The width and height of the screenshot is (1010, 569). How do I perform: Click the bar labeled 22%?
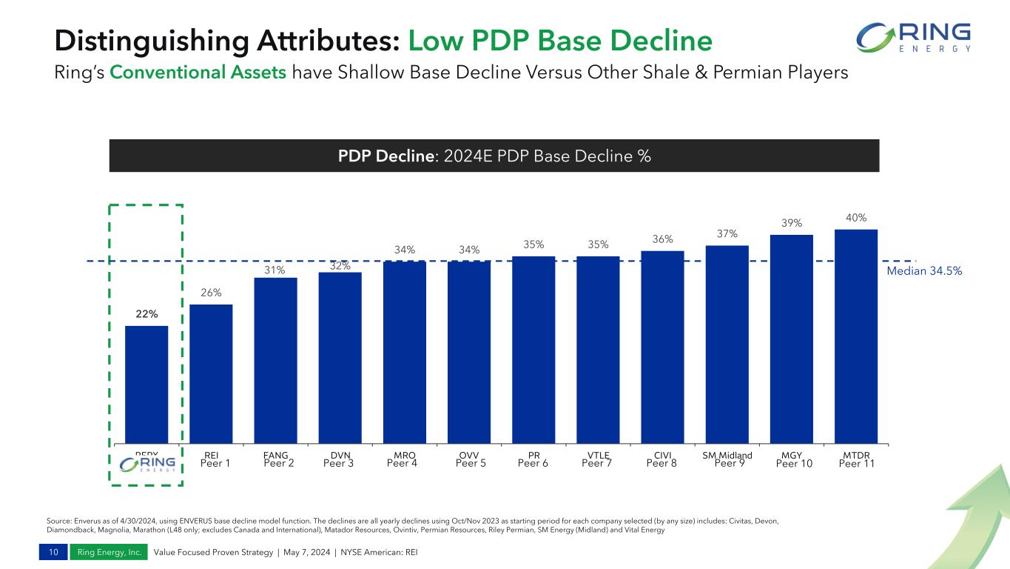pos(147,384)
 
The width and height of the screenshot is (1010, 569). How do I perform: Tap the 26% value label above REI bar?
pos(211,293)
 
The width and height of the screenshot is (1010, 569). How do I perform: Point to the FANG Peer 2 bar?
pos(275,360)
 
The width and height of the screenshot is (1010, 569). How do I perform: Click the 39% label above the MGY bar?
pos(792,223)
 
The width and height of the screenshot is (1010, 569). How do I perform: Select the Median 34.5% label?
pos(924,271)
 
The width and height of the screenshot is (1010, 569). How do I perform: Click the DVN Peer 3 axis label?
pos(340,459)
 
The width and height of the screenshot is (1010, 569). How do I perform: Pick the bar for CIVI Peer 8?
pos(662,347)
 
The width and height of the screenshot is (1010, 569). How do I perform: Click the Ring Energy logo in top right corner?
pos(915,38)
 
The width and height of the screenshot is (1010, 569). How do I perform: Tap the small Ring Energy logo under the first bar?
pos(147,464)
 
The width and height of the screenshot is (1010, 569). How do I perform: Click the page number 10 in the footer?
pos(54,552)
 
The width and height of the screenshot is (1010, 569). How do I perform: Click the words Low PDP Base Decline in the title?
pos(559,41)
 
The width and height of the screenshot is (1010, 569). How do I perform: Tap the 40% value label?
pos(856,218)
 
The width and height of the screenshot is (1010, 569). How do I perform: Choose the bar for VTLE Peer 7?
pos(598,350)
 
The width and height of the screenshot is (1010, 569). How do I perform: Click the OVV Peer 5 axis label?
pos(469,459)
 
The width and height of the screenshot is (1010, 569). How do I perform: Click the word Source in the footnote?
pos(58,521)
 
